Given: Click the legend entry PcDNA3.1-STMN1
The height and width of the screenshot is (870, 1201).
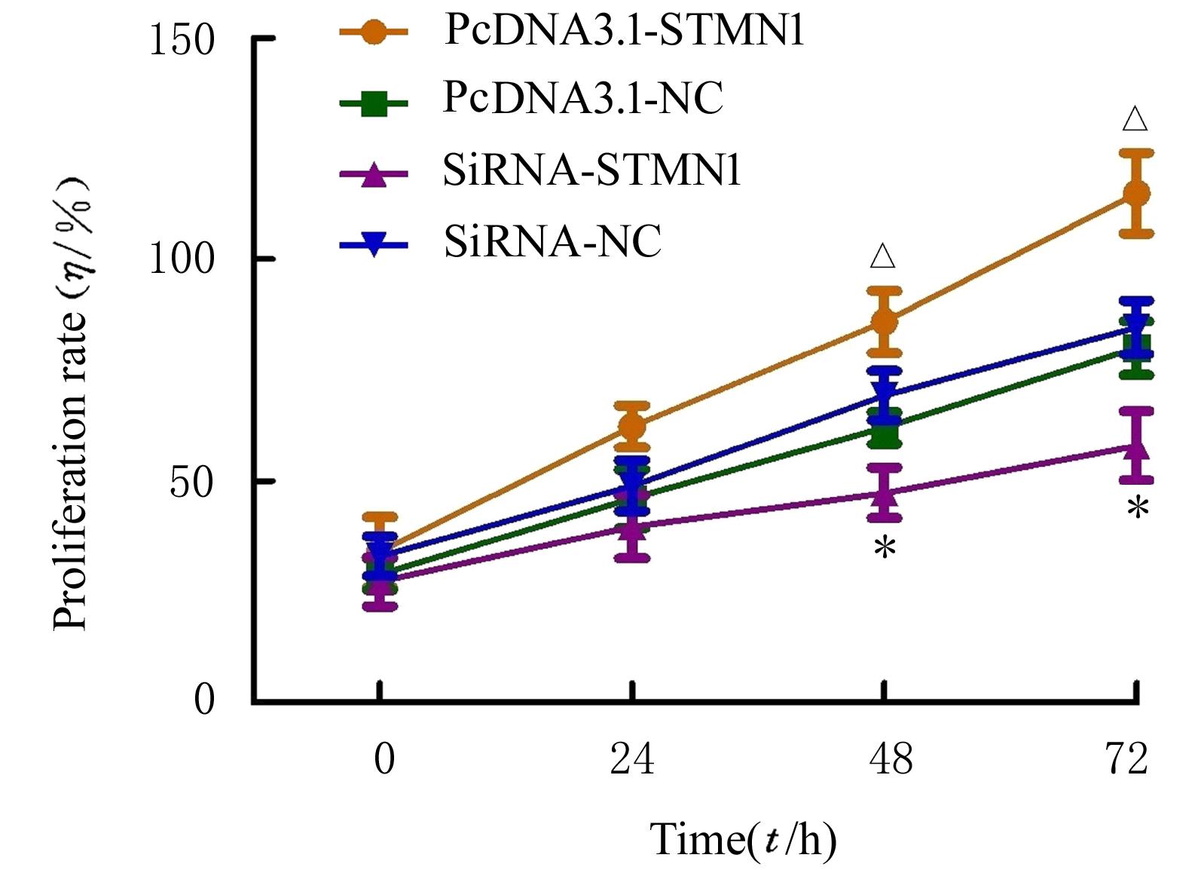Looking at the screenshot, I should [x=624, y=31].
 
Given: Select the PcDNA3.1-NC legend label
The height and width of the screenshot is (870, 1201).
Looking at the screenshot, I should [x=583, y=98].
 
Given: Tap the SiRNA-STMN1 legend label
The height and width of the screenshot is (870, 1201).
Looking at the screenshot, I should [x=592, y=170].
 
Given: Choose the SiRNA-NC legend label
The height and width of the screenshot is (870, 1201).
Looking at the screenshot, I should [x=552, y=241].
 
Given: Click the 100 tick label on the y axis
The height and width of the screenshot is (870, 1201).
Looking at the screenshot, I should [x=182, y=259].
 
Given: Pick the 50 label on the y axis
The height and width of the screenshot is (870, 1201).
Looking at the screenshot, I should [x=191, y=482].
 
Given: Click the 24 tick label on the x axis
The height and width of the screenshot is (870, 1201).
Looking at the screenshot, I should [x=632, y=758].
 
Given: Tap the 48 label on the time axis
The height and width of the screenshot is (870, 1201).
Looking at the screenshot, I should [x=891, y=758].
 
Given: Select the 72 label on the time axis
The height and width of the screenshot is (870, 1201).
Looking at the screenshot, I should [x=1127, y=758].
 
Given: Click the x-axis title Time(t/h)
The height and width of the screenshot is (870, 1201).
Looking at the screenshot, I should [x=743, y=839].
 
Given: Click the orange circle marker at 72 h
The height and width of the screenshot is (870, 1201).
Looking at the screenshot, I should [x=1135, y=194].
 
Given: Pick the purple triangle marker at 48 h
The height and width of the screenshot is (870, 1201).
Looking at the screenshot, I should [x=885, y=495].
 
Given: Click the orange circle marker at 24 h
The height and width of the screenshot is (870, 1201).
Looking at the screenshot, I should [x=632, y=427].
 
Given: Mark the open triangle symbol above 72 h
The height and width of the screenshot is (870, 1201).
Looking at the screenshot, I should [x=1135, y=119].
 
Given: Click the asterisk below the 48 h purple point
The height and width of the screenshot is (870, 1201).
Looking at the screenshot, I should [x=885, y=548].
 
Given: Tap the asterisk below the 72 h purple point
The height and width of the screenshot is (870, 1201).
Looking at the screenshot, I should [x=1138, y=507].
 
